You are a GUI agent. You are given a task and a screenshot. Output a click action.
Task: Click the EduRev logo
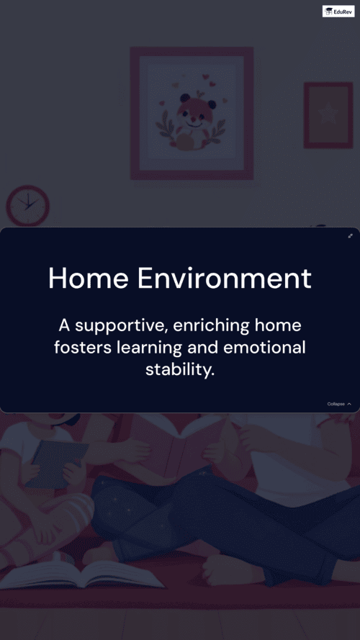(x=338, y=12)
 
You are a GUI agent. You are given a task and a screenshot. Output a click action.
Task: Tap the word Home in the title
(x=89, y=279)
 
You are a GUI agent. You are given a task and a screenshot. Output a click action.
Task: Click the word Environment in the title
(x=224, y=279)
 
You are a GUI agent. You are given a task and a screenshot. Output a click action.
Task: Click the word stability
(x=180, y=371)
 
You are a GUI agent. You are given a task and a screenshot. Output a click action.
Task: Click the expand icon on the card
(x=350, y=236)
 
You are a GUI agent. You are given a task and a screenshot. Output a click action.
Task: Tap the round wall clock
(x=28, y=205)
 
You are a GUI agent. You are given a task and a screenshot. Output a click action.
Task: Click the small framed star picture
(x=328, y=115)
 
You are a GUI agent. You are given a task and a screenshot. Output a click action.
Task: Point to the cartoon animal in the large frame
(x=192, y=122)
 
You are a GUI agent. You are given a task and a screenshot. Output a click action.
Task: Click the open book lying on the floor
(x=81, y=574)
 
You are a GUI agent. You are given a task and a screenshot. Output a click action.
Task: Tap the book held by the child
(x=55, y=464)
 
